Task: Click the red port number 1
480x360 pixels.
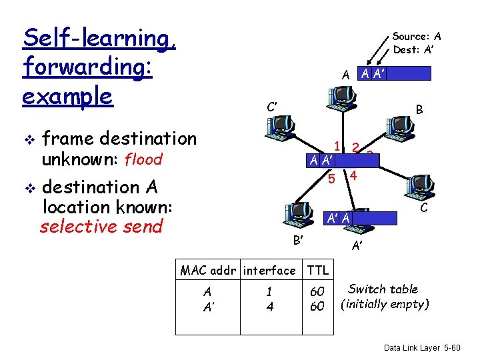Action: [x=338, y=147]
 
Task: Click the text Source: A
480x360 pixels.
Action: [x=417, y=37]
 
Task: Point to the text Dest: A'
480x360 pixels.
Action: [x=414, y=49]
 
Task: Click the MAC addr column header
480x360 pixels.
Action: [x=209, y=270]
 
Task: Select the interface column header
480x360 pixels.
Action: [x=269, y=270]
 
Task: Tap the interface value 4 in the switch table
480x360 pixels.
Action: [x=269, y=306]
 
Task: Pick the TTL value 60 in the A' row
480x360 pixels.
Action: [x=318, y=306]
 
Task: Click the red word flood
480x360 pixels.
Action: [x=143, y=160]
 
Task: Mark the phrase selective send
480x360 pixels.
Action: [x=101, y=226]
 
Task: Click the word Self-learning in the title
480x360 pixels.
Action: [x=99, y=38]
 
